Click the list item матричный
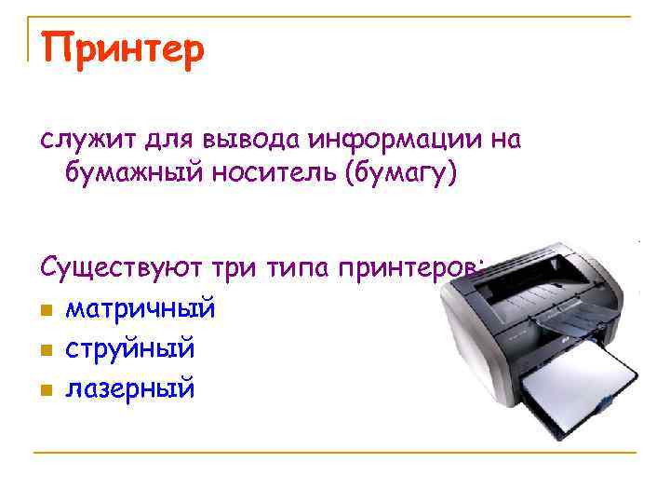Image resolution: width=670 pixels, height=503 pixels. coord(140,306)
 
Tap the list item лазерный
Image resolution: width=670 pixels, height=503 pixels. coord(129,387)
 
